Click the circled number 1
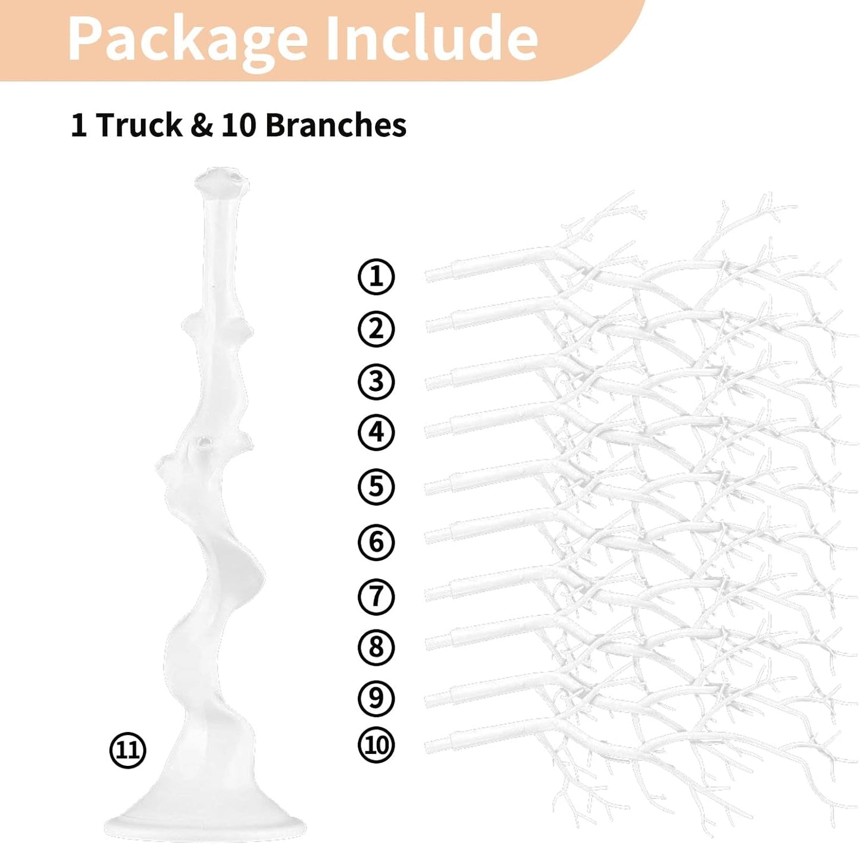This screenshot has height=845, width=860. coord(376,277)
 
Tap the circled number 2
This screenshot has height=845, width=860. coord(376,329)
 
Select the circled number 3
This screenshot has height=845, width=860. coord(376,381)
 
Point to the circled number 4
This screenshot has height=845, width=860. coord(376,432)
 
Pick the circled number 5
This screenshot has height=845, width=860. coord(376,487)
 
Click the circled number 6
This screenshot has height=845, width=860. coord(376,542)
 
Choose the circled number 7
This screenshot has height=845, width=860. coord(376,596)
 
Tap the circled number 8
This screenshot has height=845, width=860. coord(376,647)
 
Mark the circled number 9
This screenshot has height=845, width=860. coord(376,698)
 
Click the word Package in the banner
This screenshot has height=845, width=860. coord(187,41)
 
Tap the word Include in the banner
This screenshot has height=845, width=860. coord(432,37)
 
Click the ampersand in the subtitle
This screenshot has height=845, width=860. coord(202,125)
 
